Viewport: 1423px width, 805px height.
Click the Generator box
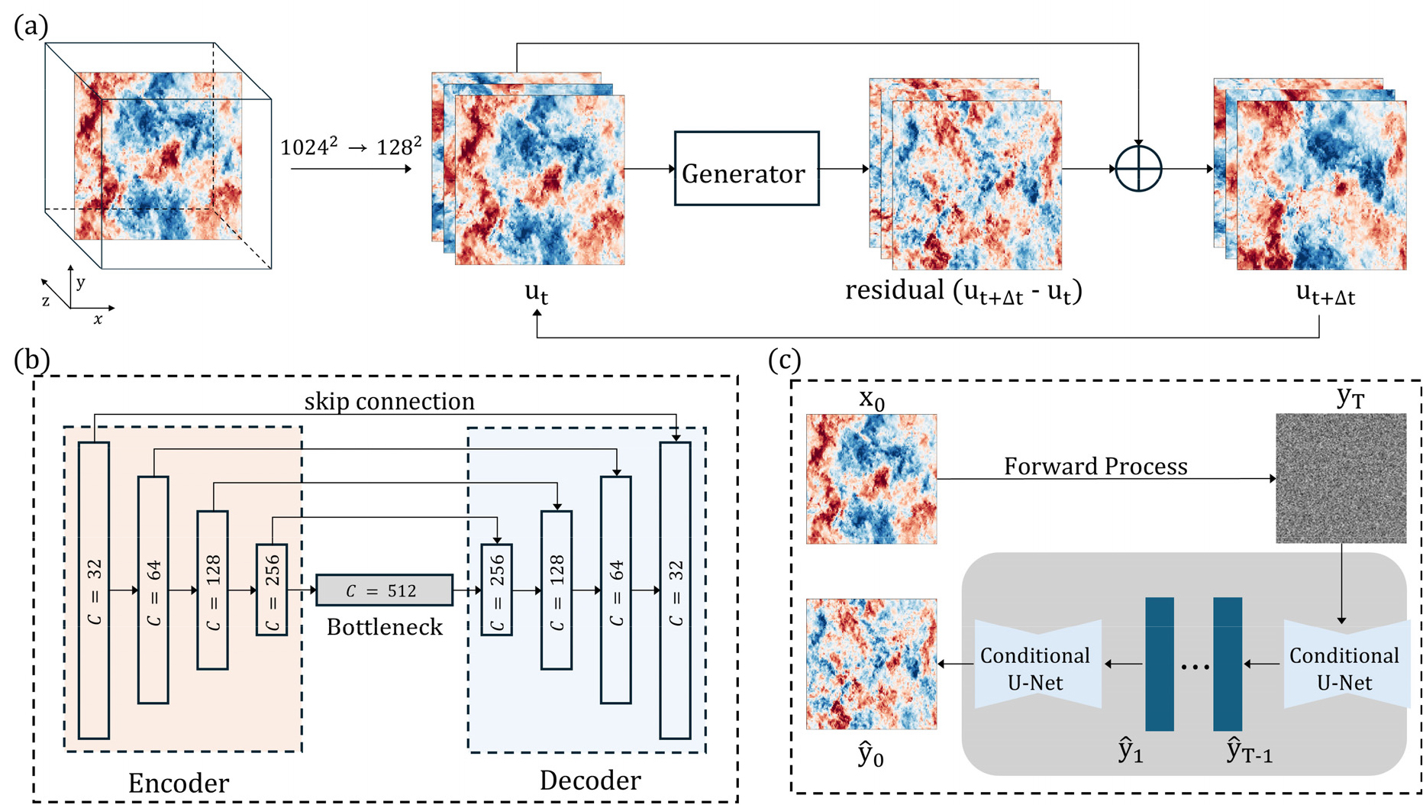point(746,169)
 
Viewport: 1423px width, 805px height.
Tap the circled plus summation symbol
point(1137,168)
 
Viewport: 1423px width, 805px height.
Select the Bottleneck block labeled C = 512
point(384,590)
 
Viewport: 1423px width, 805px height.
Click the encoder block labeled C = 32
point(94,590)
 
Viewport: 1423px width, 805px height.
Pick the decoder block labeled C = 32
point(675,590)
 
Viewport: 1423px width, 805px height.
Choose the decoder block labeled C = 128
point(557,590)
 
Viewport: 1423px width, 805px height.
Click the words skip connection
point(389,401)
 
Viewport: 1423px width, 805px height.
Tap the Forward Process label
point(1095,466)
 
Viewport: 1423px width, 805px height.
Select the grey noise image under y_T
point(1341,478)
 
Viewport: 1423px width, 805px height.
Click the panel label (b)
point(31,360)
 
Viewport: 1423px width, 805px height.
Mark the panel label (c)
point(784,360)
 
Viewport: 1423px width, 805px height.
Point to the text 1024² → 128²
point(350,147)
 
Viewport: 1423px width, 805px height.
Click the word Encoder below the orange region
point(179,783)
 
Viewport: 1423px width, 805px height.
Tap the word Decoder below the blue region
point(590,780)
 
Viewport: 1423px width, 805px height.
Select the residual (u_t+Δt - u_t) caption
point(963,292)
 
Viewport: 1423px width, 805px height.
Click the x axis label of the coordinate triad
point(98,319)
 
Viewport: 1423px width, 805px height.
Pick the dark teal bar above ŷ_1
point(1159,664)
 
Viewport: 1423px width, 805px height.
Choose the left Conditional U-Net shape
point(1037,665)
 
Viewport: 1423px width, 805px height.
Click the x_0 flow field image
point(871,479)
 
